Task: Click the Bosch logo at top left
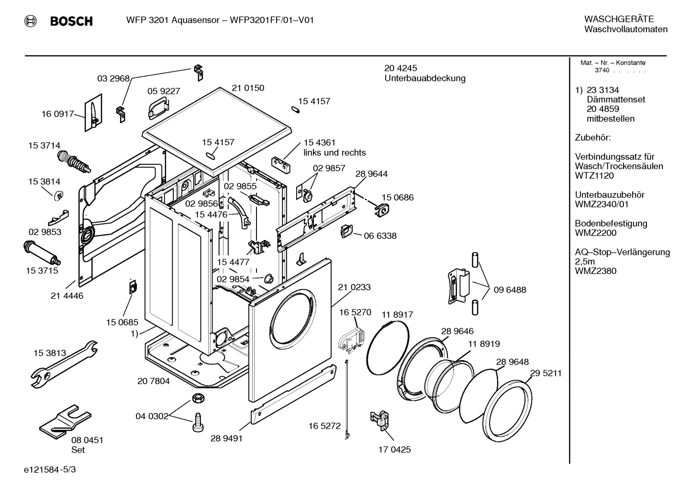pos(58,21)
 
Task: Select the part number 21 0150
pos(248,88)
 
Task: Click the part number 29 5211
pos(545,373)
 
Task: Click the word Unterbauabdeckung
pos(424,78)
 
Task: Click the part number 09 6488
pos(510,290)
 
